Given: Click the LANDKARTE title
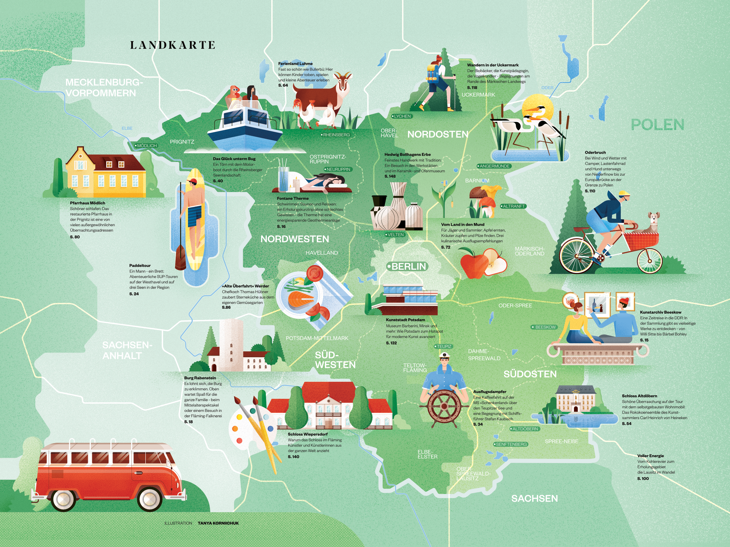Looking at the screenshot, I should (x=173, y=45).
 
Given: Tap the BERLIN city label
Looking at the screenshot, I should (x=408, y=266).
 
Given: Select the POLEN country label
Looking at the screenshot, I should (x=657, y=125).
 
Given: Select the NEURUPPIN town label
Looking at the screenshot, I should (x=338, y=169).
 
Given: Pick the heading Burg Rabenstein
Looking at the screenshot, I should (x=200, y=378).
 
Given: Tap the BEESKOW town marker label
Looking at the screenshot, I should (x=544, y=327).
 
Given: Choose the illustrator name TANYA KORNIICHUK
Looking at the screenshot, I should (x=218, y=523).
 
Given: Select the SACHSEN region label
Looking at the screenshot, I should (x=534, y=499).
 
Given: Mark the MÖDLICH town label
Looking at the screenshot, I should (x=146, y=146).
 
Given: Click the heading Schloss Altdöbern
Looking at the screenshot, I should (x=639, y=396).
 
